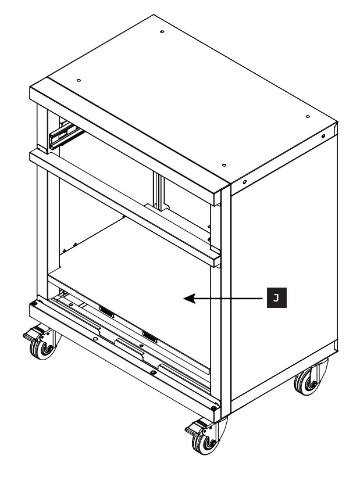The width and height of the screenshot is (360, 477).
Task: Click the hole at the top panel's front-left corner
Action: coord(79,80)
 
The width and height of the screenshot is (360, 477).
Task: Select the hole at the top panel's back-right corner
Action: coord(307,116)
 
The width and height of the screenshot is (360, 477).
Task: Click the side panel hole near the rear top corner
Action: coord(323,137)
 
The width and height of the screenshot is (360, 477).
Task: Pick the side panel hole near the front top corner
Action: coord(245,182)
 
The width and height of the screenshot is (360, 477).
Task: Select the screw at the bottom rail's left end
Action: coord(40,302)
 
